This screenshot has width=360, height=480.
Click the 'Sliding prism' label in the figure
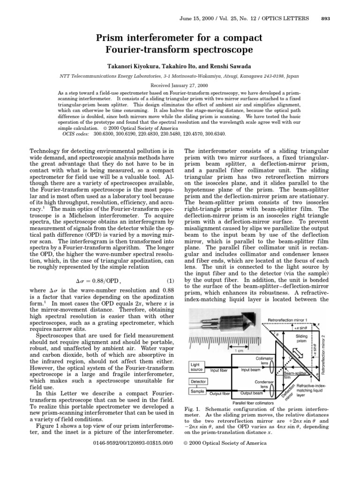coord(302,338)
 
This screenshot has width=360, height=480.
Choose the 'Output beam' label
coord(250,393)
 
